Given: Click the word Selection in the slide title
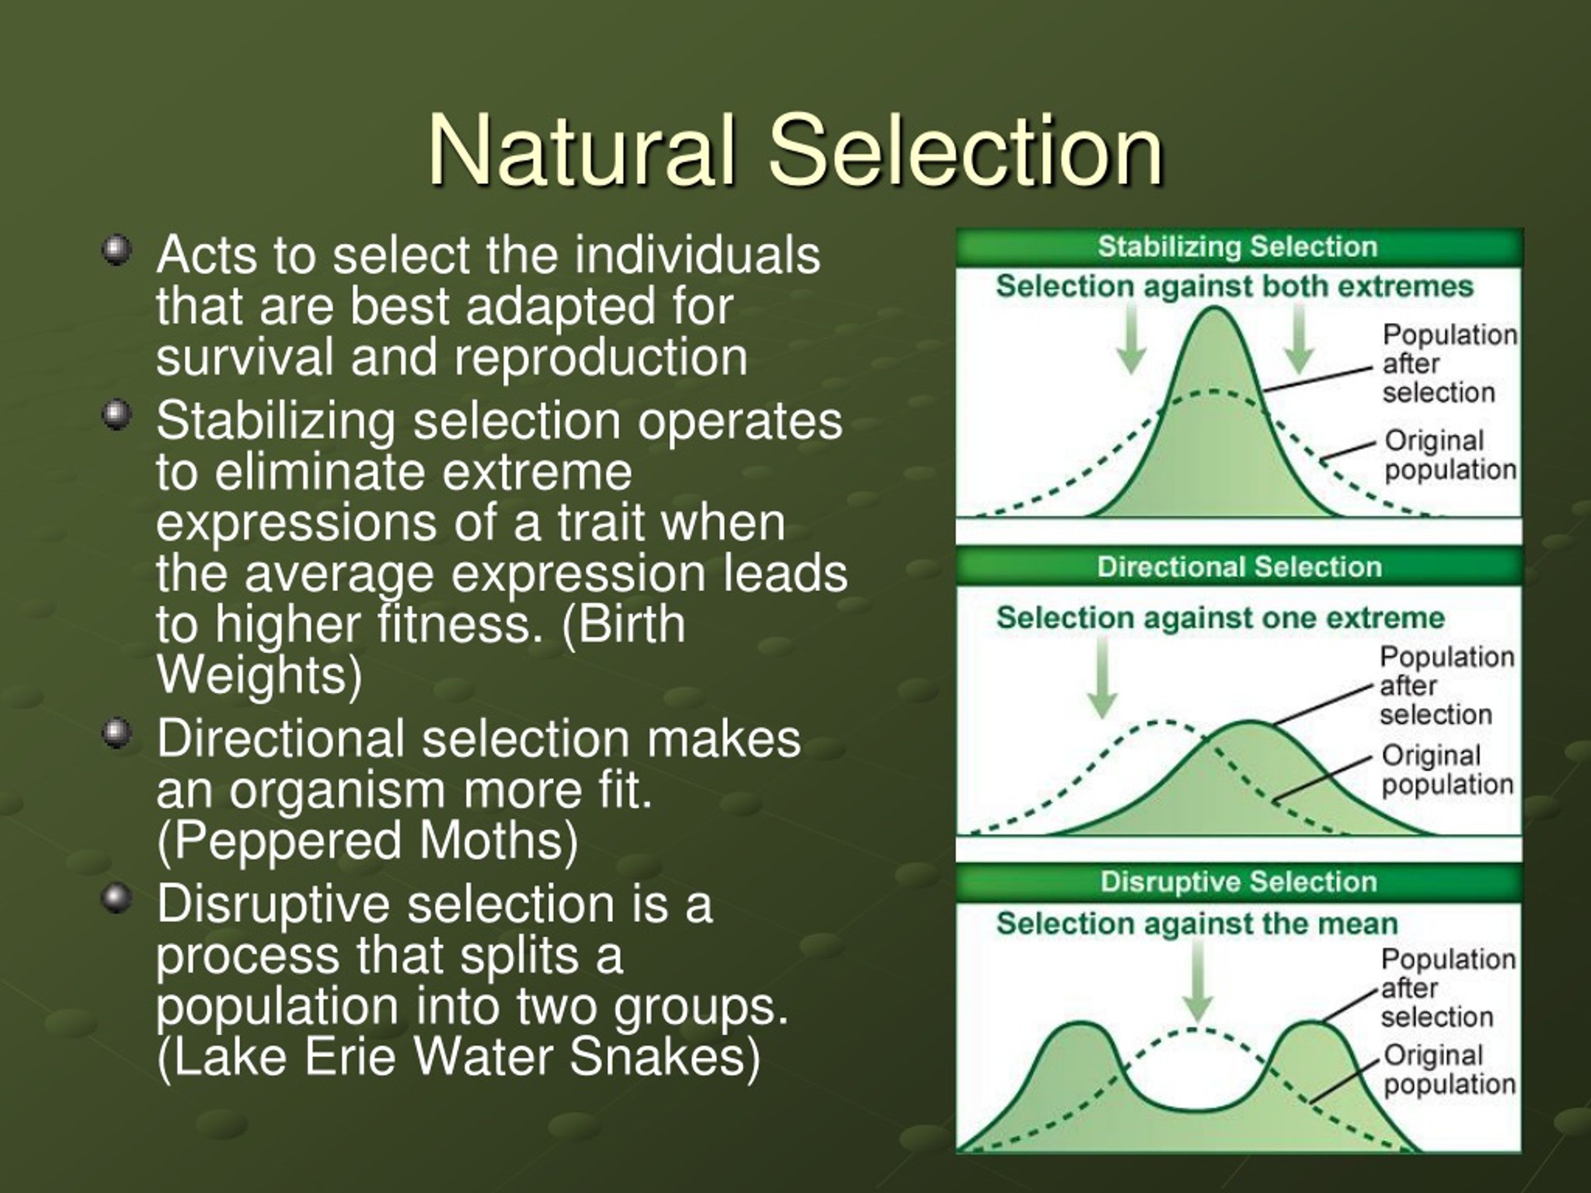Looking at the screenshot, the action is click(965, 150).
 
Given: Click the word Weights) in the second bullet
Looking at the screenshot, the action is click(260, 676).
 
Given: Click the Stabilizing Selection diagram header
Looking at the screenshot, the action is click(1238, 247).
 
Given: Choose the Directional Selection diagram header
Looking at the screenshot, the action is click(1239, 567).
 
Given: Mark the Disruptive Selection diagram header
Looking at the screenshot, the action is click(1239, 882).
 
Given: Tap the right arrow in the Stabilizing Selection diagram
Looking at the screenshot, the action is click(1298, 338).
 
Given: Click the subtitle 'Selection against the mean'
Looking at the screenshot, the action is click(1197, 923).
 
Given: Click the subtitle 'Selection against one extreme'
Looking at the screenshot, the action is click(1221, 618).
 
